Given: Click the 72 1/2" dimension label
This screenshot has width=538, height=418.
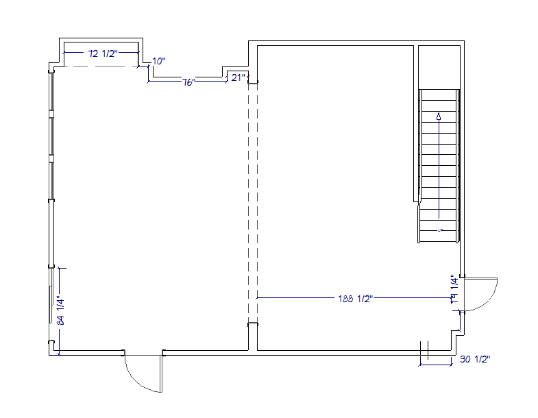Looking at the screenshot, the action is [x=102, y=53].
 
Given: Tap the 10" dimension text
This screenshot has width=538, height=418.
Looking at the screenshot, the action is [x=159, y=62].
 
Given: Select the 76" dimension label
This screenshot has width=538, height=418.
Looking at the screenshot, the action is [x=189, y=82].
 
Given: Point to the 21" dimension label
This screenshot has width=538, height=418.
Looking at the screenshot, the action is [x=238, y=77].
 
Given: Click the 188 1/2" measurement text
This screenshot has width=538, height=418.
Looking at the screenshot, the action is [x=354, y=299].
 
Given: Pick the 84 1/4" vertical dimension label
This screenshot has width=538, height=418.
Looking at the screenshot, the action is [x=60, y=310].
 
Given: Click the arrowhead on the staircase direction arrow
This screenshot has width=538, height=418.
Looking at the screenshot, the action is [x=438, y=117].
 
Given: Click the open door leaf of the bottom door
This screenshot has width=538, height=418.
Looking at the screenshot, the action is [x=162, y=373].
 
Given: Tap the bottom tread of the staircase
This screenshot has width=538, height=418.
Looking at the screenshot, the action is [x=439, y=237].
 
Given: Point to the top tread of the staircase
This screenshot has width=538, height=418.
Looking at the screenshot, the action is [x=439, y=93].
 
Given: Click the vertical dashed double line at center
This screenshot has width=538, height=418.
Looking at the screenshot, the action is [x=252, y=206].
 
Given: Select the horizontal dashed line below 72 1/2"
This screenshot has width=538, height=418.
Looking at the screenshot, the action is [x=101, y=67].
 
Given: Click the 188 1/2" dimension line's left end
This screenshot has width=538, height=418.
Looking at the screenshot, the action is [x=257, y=299].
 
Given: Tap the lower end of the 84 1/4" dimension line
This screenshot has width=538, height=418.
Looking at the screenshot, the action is [x=60, y=353].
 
